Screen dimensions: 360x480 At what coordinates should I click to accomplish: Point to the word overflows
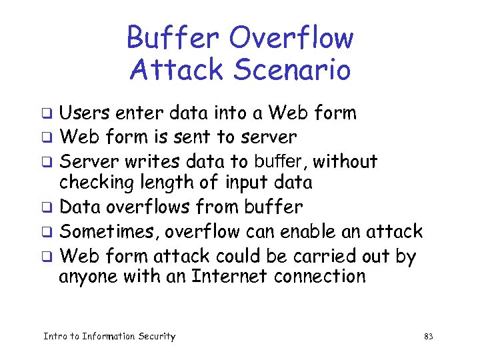[x=160, y=207]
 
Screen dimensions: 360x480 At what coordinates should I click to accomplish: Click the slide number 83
[x=428, y=337]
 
